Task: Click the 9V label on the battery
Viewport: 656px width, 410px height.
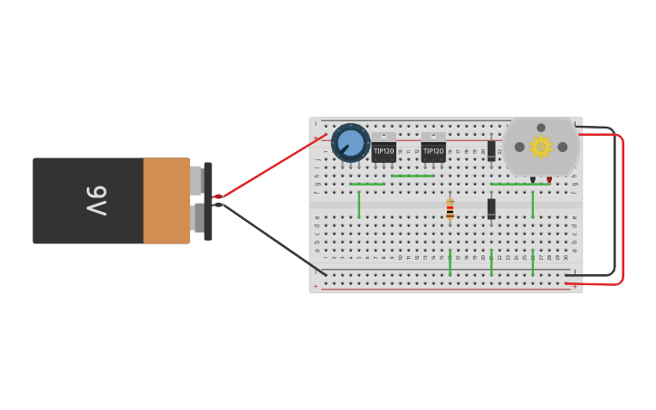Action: point(97,200)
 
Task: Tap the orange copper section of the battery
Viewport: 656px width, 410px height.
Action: point(166,201)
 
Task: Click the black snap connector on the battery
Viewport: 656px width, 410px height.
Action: point(208,201)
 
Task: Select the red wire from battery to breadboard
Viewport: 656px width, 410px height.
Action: point(271,165)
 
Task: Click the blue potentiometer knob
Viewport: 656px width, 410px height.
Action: point(350,142)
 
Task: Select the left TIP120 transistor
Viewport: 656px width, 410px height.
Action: point(384,150)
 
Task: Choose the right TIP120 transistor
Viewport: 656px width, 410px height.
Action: point(433,150)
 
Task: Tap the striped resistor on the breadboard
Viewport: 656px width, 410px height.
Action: point(450,209)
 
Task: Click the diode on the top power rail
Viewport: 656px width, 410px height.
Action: point(491,149)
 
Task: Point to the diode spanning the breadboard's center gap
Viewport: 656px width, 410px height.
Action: point(491,208)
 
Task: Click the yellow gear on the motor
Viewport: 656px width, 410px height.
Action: point(541,147)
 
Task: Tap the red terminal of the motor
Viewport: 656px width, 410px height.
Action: point(549,179)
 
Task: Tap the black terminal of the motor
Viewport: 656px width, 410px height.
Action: point(533,179)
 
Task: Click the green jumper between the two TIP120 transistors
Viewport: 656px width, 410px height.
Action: point(413,176)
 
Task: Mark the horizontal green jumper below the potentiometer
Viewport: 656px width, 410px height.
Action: point(366,185)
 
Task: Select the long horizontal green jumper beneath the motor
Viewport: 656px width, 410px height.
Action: point(519,185)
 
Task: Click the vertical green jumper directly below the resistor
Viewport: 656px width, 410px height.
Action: point(450,262)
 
